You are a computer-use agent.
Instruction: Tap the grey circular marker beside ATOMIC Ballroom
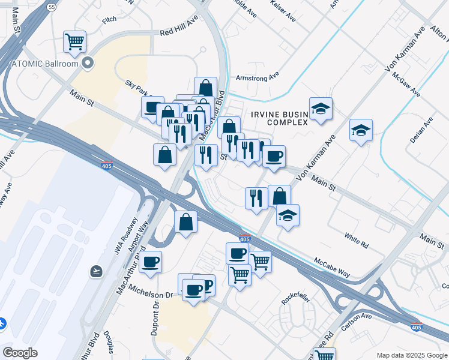pyautogui.click(x=88, y=62)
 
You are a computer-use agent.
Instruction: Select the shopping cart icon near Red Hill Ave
pyautogui.click(x=74, y=42)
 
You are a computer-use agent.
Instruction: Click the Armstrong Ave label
pyautogui.click(x=258, y=77)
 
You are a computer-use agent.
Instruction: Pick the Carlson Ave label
pyautogui.click(x=356, y=322)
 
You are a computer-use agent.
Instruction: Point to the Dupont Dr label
pyautogui.click(x=154, y=319)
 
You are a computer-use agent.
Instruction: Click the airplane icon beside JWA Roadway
pyautogui.click(x=95, y=271)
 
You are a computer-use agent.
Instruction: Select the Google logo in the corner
pyautogui.click(x=20, y=353)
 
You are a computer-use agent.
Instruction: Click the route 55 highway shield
pyautogui.click(x=52, y=7)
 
